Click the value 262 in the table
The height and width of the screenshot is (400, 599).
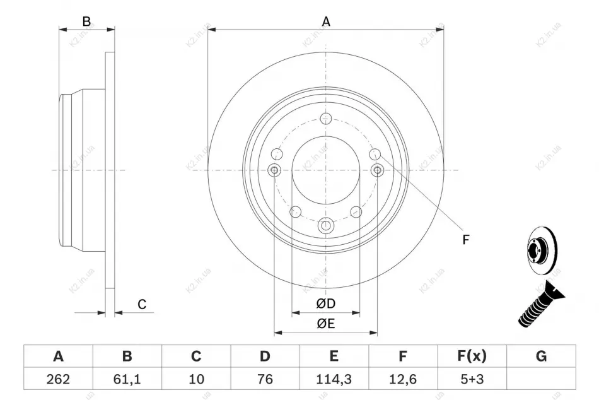(x=58, y=379)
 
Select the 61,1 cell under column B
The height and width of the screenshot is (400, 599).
(x=127, y=379)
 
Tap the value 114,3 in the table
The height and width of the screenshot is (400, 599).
(x=334, y=379)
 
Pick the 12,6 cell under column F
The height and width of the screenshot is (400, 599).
(x=403, y=379)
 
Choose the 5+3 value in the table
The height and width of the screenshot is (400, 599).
(x=472, y=379)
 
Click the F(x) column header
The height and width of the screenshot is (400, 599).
(x=472, y=356)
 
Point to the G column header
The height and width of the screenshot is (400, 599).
(x=541, y=356)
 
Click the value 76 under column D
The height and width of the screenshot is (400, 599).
(x=265, y=379)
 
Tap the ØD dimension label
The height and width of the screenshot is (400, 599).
(x=325, y=303)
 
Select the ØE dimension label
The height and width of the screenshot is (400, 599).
(x=325, y=324)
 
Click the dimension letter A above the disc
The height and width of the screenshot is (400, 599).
(x=326, y=21)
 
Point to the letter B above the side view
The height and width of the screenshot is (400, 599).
(x=87, y=21)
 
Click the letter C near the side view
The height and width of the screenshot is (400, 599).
(x=142, y=304)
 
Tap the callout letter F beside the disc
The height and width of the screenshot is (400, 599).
(x=465, y=240)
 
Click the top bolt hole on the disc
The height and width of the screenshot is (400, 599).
(x=326, y=119)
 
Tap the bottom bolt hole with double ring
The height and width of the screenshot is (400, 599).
(x=326, y=226)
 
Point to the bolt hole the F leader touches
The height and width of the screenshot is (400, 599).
(x=375, y=154)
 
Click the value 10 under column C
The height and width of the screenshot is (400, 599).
(x=196, y=379)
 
